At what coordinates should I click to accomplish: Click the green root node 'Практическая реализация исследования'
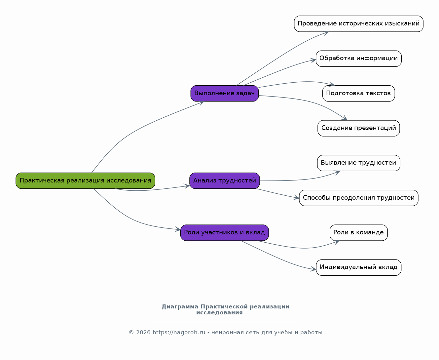pos(85,180)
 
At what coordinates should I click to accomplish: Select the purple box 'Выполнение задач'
pos(224,93)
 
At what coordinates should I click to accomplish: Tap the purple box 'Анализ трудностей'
pos(224,180)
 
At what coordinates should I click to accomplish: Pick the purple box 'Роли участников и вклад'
pos(224,233)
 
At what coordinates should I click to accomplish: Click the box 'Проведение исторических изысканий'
pos(358,24)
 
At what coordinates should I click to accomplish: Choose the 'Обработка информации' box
pos(358,59)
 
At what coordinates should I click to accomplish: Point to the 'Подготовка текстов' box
pos(358,93)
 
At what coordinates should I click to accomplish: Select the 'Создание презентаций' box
pos(358,128)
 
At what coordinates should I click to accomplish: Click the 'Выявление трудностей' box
pos(358,163)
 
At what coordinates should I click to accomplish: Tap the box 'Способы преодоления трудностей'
pos(358,198)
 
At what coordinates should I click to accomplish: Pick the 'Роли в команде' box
pos(358,233)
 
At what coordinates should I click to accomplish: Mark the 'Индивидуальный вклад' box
pos(358,267)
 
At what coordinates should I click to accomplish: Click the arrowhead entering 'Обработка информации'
pos(313,60)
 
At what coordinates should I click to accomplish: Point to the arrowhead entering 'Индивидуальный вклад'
pos(313,269)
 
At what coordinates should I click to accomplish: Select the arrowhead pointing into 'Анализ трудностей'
pos(187,186)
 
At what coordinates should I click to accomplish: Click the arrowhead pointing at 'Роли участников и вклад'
pos(178,229)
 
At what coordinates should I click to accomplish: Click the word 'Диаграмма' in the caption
pos(180,307)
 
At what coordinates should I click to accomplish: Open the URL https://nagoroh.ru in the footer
pos(179,332)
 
